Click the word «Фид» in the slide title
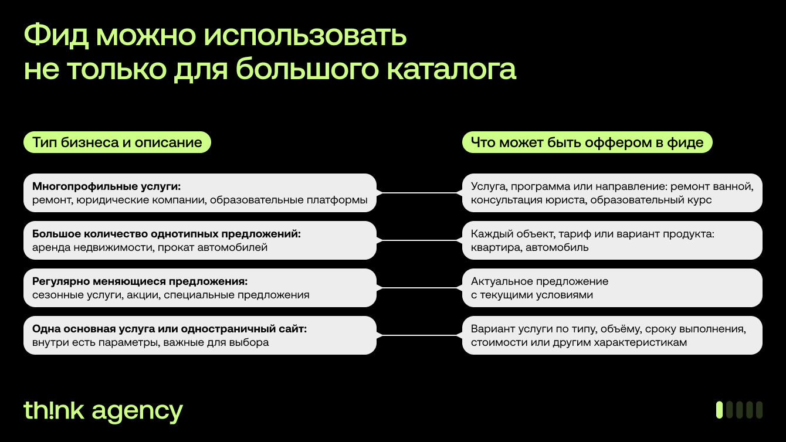coord(56,35)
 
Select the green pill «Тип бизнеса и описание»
coord(117,142)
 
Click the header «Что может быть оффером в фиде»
coord(587,142)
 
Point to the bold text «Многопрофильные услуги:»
coord(106,186)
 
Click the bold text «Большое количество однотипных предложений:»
coord(167,234)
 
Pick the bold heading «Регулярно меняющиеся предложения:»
coord(140,281)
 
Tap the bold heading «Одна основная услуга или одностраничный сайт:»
coord(170,329)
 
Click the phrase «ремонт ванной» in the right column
coord(712,186)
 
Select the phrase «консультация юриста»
coord(528,200)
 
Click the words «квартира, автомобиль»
coord(530,247)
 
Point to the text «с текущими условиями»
coord(531,295)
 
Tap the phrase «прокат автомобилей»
coord(212,247)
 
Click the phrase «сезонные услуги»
coord(77,295)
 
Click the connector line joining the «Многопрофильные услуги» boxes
coord(419,193)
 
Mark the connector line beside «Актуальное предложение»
coord(419,288)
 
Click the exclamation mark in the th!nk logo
coord(51,410)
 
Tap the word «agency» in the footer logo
coord(137,412)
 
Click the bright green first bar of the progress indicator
coord(719,410)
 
